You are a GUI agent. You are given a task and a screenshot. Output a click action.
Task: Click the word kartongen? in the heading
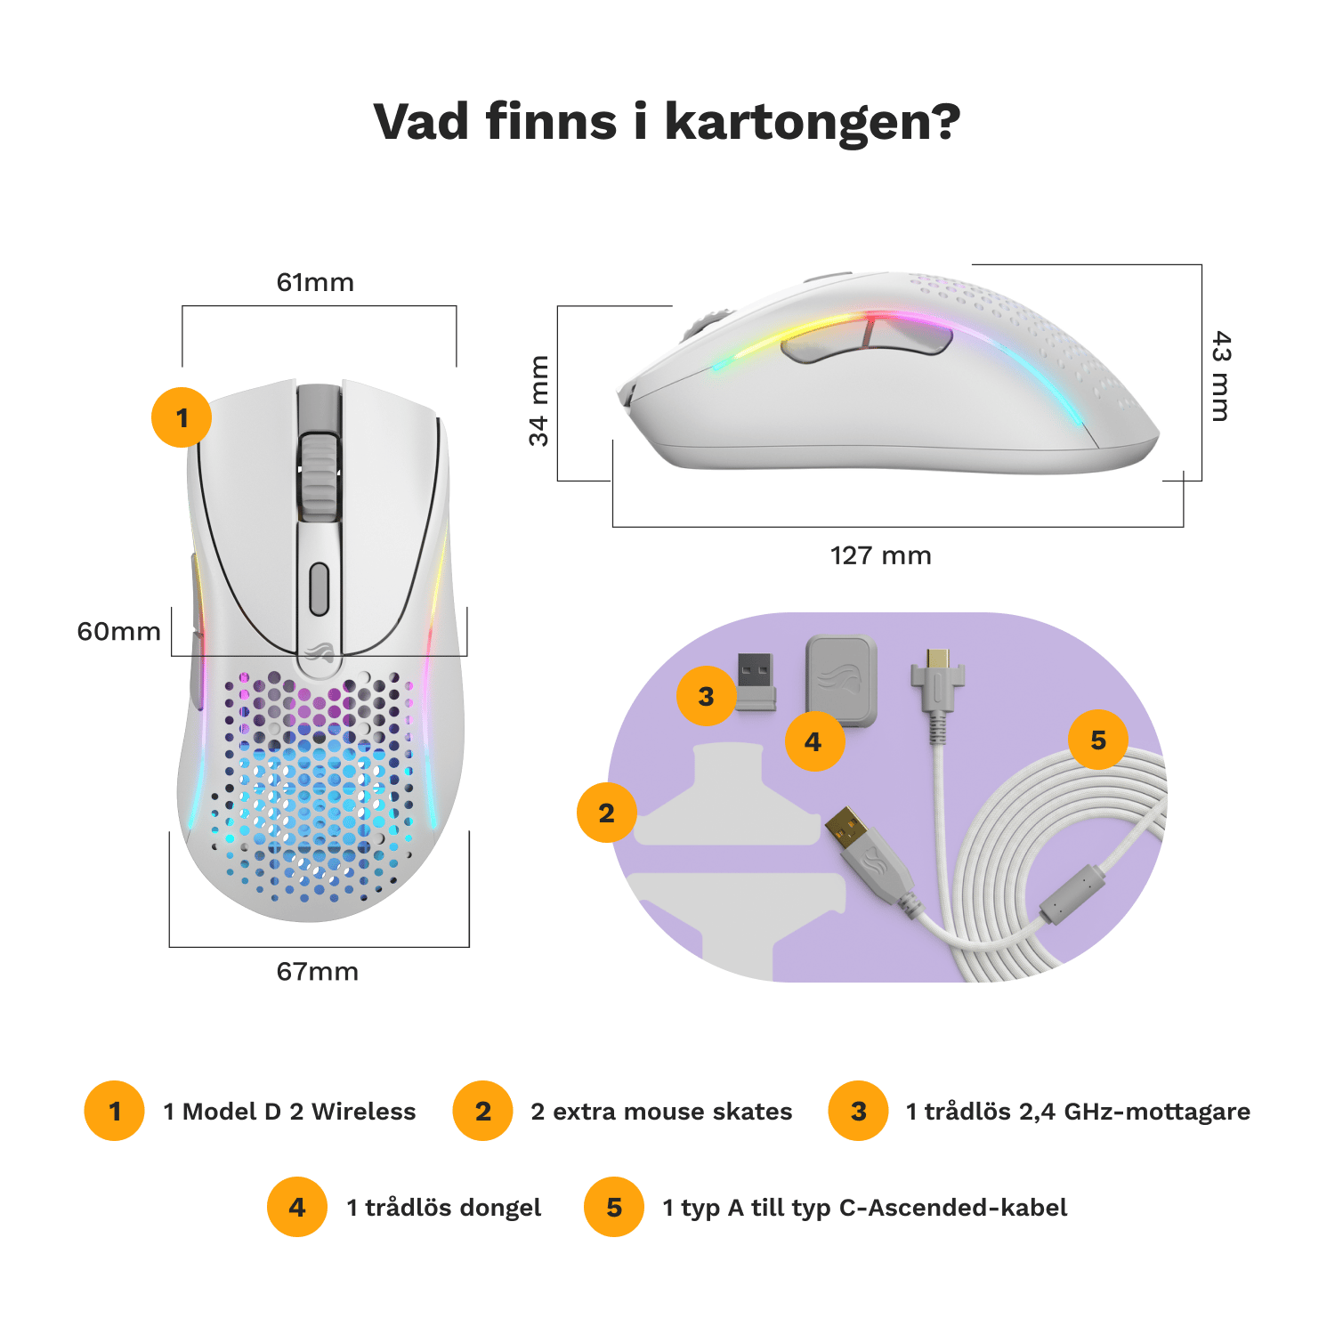click(813, 123)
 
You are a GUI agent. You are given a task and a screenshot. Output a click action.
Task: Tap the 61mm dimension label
click(316, 282)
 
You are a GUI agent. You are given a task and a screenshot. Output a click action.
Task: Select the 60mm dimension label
click(118, 631)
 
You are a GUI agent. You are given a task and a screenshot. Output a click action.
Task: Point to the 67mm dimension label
click(318, 971)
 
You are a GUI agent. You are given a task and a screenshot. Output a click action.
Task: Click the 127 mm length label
click(880, 555)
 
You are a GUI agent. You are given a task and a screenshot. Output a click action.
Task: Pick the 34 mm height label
click(539, 400)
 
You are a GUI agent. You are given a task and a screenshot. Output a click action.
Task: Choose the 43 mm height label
click(1222, 376)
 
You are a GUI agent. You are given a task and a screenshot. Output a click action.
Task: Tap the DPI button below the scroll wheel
click(319, 588)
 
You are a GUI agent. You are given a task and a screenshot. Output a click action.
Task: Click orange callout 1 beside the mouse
click(182, 417)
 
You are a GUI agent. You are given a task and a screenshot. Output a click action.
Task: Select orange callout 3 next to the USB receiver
click(706, 696)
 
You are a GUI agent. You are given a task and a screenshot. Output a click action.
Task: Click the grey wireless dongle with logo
click(841, 680)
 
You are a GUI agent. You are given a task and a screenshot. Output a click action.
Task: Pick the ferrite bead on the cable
click(1072, 894)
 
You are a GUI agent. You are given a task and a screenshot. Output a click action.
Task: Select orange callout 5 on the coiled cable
click(1098, 740)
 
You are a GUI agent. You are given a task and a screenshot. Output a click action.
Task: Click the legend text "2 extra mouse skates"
click(661, 1112)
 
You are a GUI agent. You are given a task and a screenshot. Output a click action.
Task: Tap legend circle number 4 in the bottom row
click(297, 1207)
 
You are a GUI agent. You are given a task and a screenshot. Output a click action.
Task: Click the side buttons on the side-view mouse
click(866, 342)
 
